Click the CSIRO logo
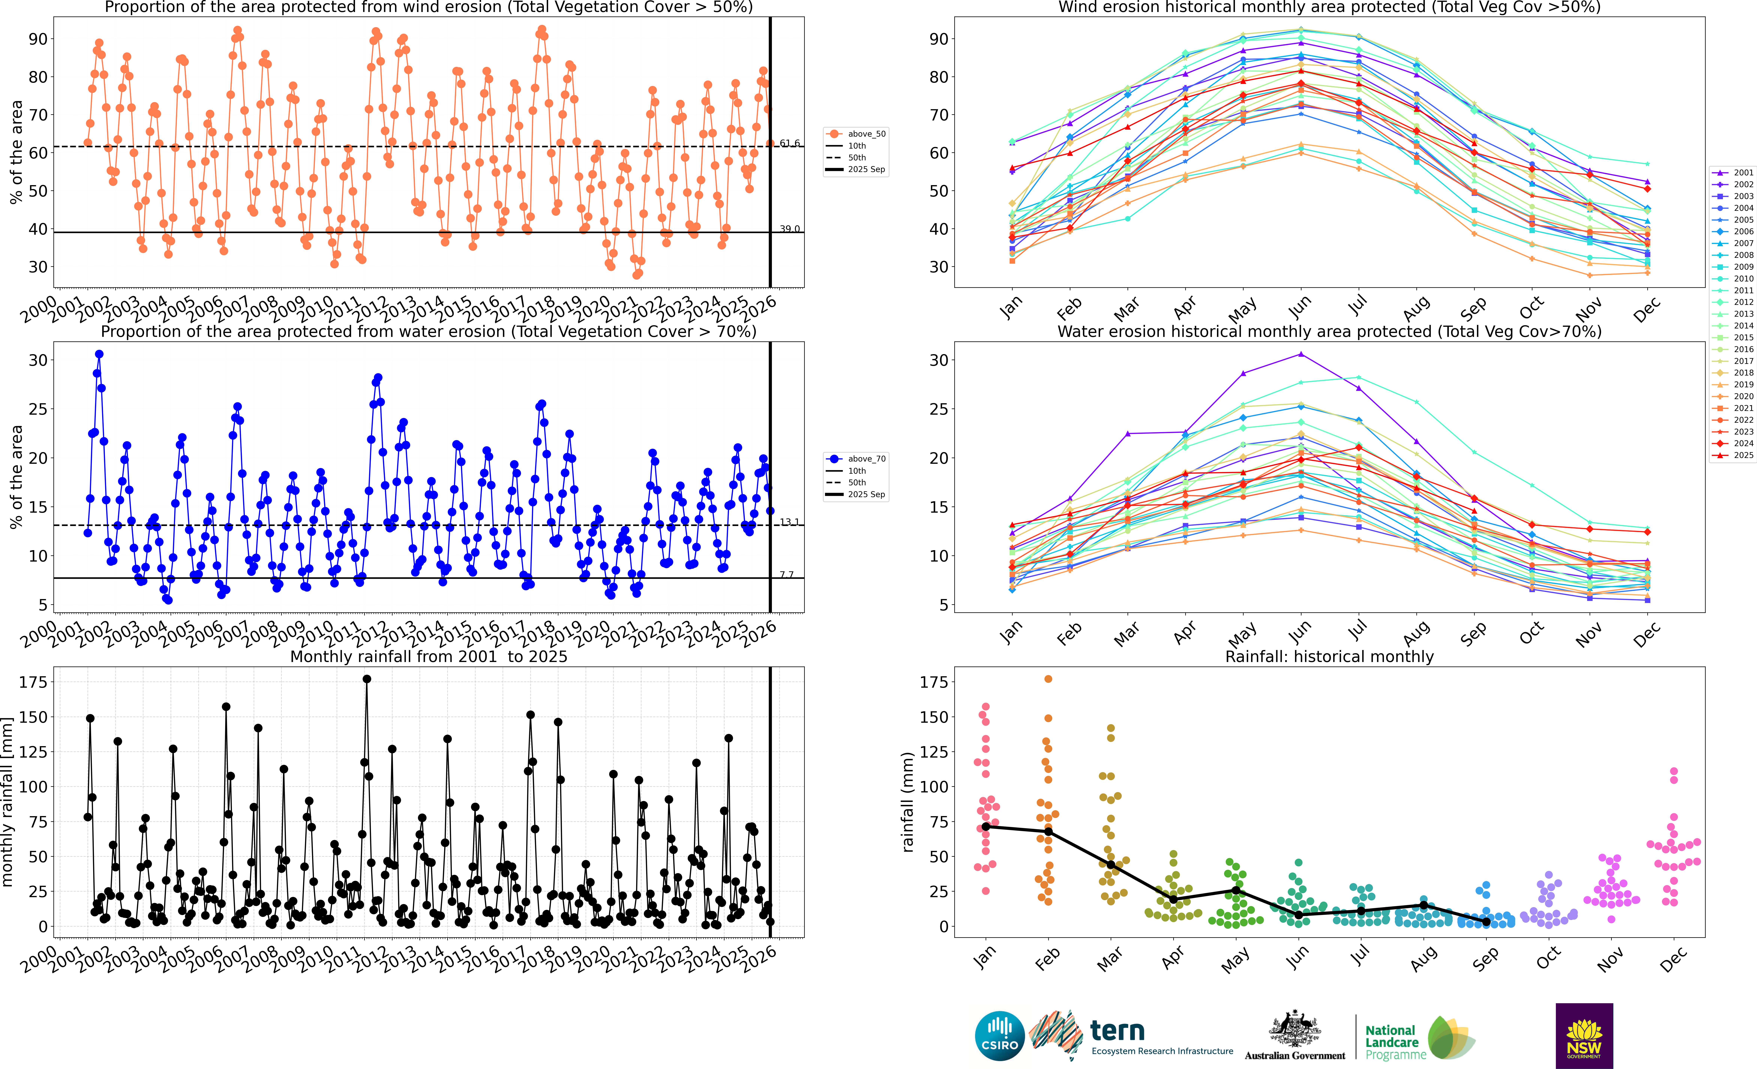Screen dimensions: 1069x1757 [x=1000, y=1035]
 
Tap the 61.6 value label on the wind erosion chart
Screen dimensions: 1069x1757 [x=789, y=143]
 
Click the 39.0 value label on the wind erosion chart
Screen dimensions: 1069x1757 [x=789, y=229]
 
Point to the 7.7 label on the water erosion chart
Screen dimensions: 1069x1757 [x=787, y=574]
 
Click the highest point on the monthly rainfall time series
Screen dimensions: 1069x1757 [x=366, y=679]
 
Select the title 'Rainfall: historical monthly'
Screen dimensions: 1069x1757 [x=1329, y=656]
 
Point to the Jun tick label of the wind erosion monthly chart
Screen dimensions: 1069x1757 [x=1299, y=307]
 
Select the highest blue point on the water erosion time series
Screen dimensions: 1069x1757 [x=99, y=354]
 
